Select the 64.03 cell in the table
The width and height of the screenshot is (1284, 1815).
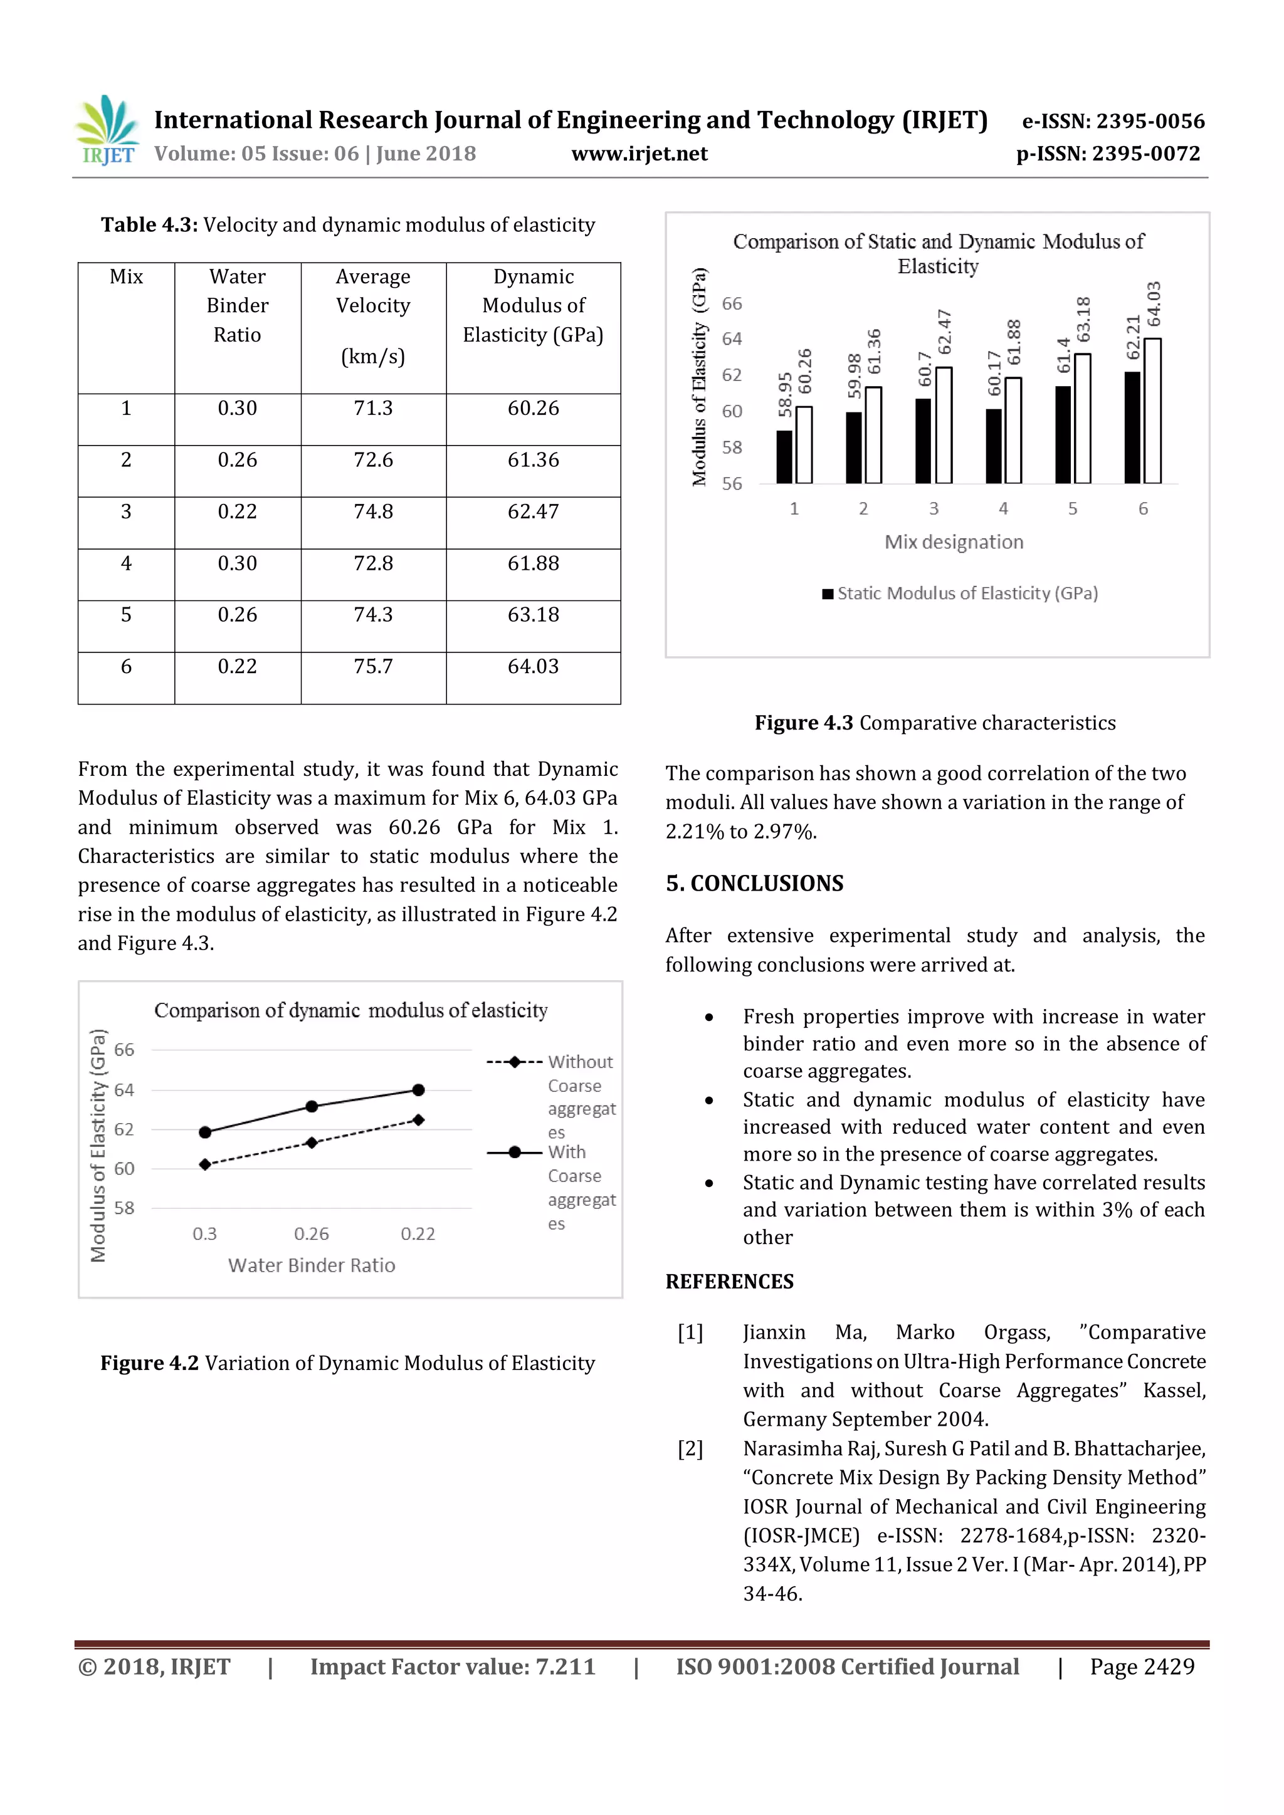coord(533,666)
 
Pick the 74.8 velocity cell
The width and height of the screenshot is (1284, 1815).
coord(372,511)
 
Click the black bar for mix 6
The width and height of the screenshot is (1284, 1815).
coord(1132,427)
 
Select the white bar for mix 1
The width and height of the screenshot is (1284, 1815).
coord(804,445)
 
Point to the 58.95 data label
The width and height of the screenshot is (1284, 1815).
coord(785,394)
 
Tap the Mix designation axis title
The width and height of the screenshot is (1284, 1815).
coord(954,542)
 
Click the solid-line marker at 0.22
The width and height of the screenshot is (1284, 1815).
coord(418,1090)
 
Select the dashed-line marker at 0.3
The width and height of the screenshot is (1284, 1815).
coord(205,1164)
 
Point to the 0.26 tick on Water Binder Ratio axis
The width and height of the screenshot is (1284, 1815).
coord(311,1234)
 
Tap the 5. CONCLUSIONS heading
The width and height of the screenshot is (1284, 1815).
coord(754,884)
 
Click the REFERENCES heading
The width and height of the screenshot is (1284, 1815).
coord(729,1282)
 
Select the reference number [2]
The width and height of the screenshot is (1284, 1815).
coord(690,1449)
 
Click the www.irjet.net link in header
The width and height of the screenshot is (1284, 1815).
coord(639,154)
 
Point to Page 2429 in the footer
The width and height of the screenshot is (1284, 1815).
coord(1142,1666)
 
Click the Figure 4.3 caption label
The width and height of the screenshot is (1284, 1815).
coord(803,723)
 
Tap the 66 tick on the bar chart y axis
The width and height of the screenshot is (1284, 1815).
coord(732,303)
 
